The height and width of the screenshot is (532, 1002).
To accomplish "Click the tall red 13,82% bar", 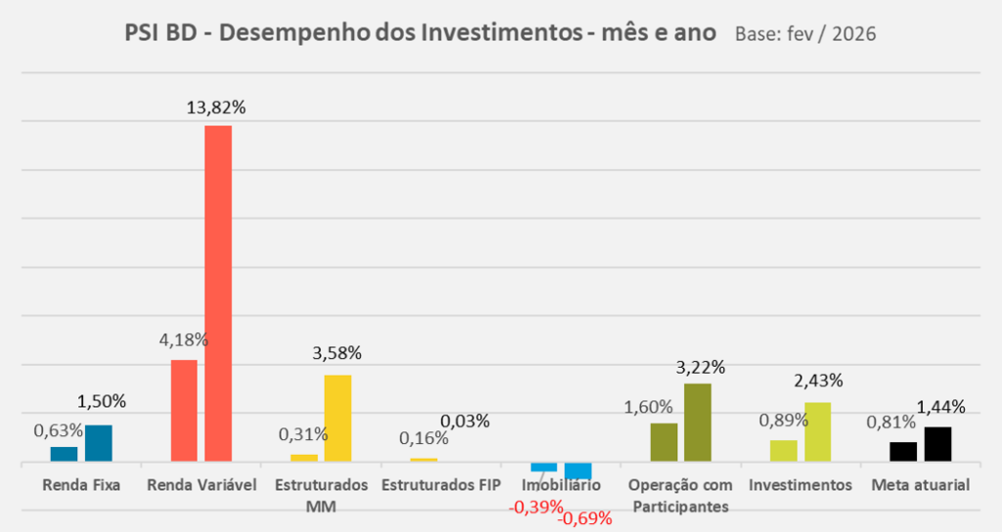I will pos(217,292).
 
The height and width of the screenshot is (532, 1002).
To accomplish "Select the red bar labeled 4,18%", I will pos(184,410).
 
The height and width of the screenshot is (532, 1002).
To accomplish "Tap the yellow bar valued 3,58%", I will pos(338,418).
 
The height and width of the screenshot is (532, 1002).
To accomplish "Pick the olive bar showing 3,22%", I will pos(698,421).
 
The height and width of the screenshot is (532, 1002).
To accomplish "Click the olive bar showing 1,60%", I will pos(663,441).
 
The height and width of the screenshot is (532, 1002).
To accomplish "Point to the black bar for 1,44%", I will pos(937,443).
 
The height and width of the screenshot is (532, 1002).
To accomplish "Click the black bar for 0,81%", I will pos(903,451).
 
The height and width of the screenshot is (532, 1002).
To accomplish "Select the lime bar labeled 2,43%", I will pos(817,431).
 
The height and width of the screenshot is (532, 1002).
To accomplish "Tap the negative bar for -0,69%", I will pos(577,470).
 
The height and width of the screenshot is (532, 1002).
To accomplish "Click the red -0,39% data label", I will pos(536,507).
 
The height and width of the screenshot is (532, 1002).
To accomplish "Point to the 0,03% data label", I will pos(465,421).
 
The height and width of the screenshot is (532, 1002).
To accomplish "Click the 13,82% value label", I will pos(216,108).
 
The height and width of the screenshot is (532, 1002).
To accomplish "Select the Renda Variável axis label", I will pos(201,485).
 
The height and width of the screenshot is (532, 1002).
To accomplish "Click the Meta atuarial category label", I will pos(920,485).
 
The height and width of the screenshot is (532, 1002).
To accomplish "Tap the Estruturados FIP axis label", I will pos(441,485).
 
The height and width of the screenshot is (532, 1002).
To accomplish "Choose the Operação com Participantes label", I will pos(681,495).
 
